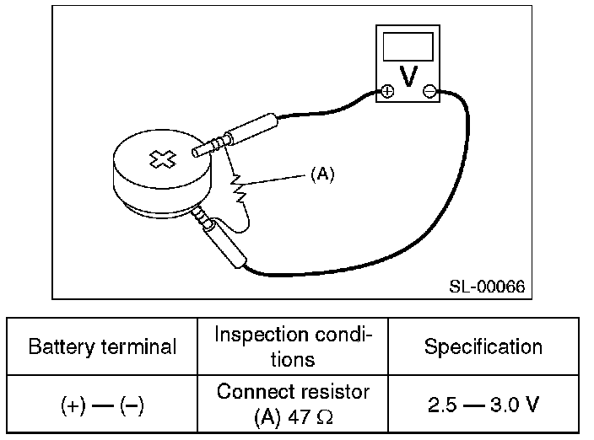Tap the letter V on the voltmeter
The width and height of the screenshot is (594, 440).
[x=408, y=77]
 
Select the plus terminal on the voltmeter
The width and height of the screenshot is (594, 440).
[x=386, y=91]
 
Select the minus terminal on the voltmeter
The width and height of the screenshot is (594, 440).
[x=429, y=91]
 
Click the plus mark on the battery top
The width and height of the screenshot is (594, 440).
[x=159, y=158]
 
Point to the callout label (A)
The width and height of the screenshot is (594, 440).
[x=322, y=174]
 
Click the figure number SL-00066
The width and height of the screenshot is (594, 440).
[x=486, y=287]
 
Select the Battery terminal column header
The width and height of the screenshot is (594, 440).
[x=103, y=346]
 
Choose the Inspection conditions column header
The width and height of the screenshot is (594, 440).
[x=292, y=346]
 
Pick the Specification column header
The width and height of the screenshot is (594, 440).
[x=483, y=346]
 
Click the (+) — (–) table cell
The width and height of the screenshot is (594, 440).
[x=103, y=405]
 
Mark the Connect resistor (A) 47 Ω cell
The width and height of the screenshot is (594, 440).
[x=292, y=405]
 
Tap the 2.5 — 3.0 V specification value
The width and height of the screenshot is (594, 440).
[x=483, y=405]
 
